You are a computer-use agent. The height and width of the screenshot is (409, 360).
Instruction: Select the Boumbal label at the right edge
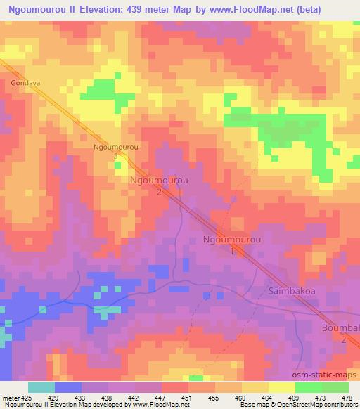pos(341,327)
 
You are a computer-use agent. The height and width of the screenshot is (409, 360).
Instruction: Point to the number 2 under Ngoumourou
pos(160,192)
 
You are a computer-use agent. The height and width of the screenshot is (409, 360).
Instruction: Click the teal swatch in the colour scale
pos(41,387)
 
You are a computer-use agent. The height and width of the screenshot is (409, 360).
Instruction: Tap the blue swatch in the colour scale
pos(68,387)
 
